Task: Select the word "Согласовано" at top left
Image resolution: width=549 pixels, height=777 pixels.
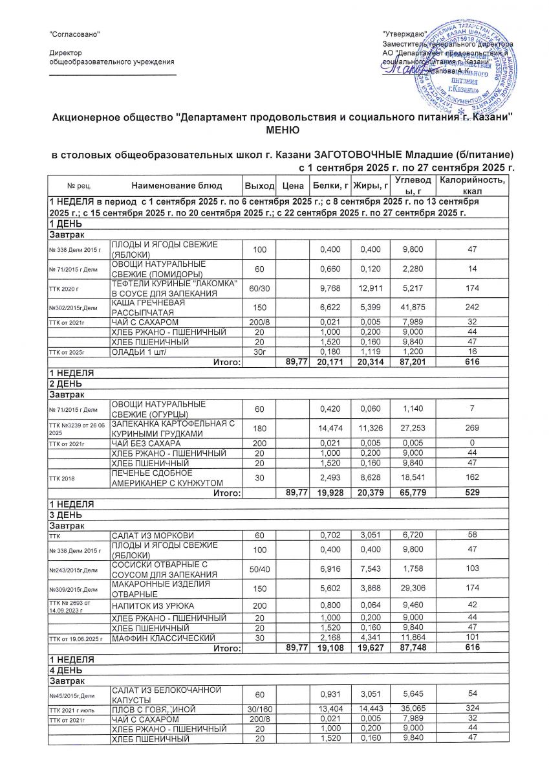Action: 76,33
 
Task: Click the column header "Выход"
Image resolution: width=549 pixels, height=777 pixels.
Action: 259,186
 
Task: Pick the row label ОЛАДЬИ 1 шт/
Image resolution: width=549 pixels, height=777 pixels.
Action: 137,352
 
